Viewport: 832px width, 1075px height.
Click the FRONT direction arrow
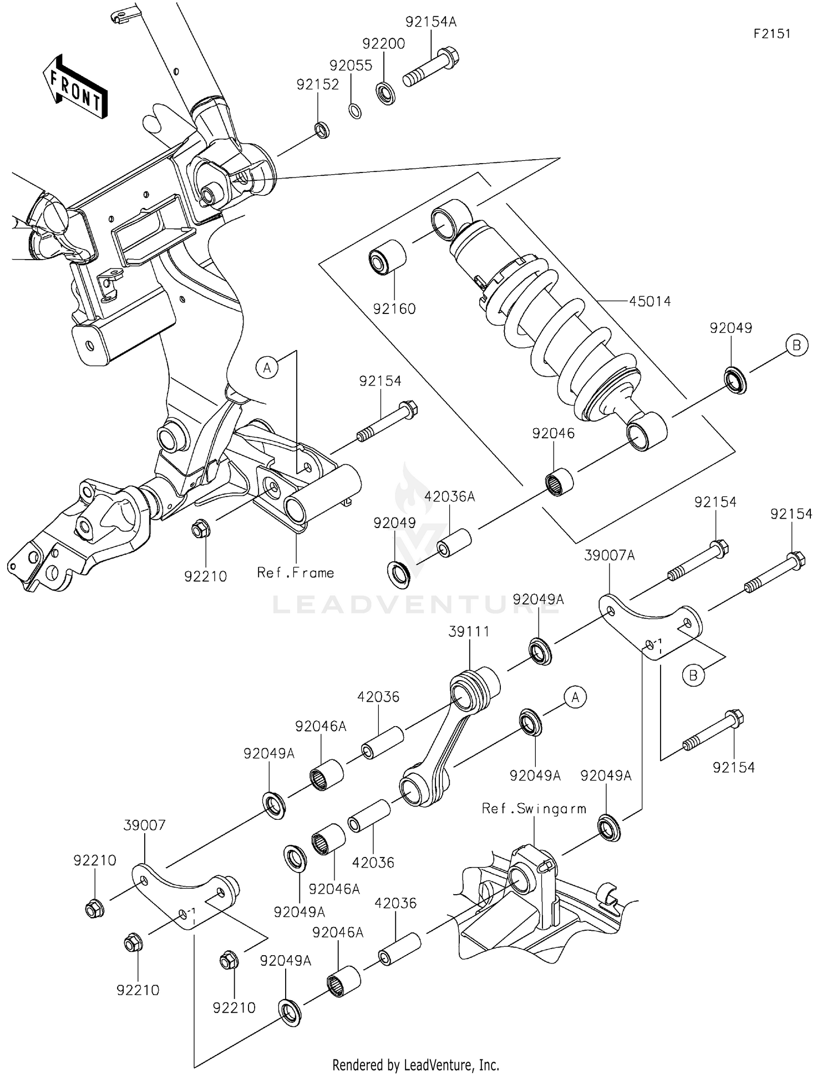pos(75,87)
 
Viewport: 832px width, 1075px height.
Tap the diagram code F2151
pos(772,33)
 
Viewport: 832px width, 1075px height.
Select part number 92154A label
pos(430,22)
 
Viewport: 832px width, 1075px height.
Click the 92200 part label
pos(383,43)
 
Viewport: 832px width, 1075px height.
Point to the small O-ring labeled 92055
pos(355,110)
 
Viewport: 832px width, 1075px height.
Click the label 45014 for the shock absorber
pos(650,301)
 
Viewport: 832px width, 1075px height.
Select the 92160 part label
pos(394,309)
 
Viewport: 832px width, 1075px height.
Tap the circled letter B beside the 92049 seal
pos(797,345)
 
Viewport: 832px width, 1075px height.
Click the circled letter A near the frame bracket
pos(267,367)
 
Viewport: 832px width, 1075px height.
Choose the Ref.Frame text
pos(296,573)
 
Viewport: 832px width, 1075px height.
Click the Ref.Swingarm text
pos(534,809)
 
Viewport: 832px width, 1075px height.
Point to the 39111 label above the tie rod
pos(469,631)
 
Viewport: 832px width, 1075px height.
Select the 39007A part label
pos(609,555)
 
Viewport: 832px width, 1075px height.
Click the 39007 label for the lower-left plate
pos(144,825)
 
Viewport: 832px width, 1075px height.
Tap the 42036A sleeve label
pos(449,496)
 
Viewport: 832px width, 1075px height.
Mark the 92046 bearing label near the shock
pos(553,433)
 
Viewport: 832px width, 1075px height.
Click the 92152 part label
pos(317,84)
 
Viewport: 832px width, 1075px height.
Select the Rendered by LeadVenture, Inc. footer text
pos(415,1064)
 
